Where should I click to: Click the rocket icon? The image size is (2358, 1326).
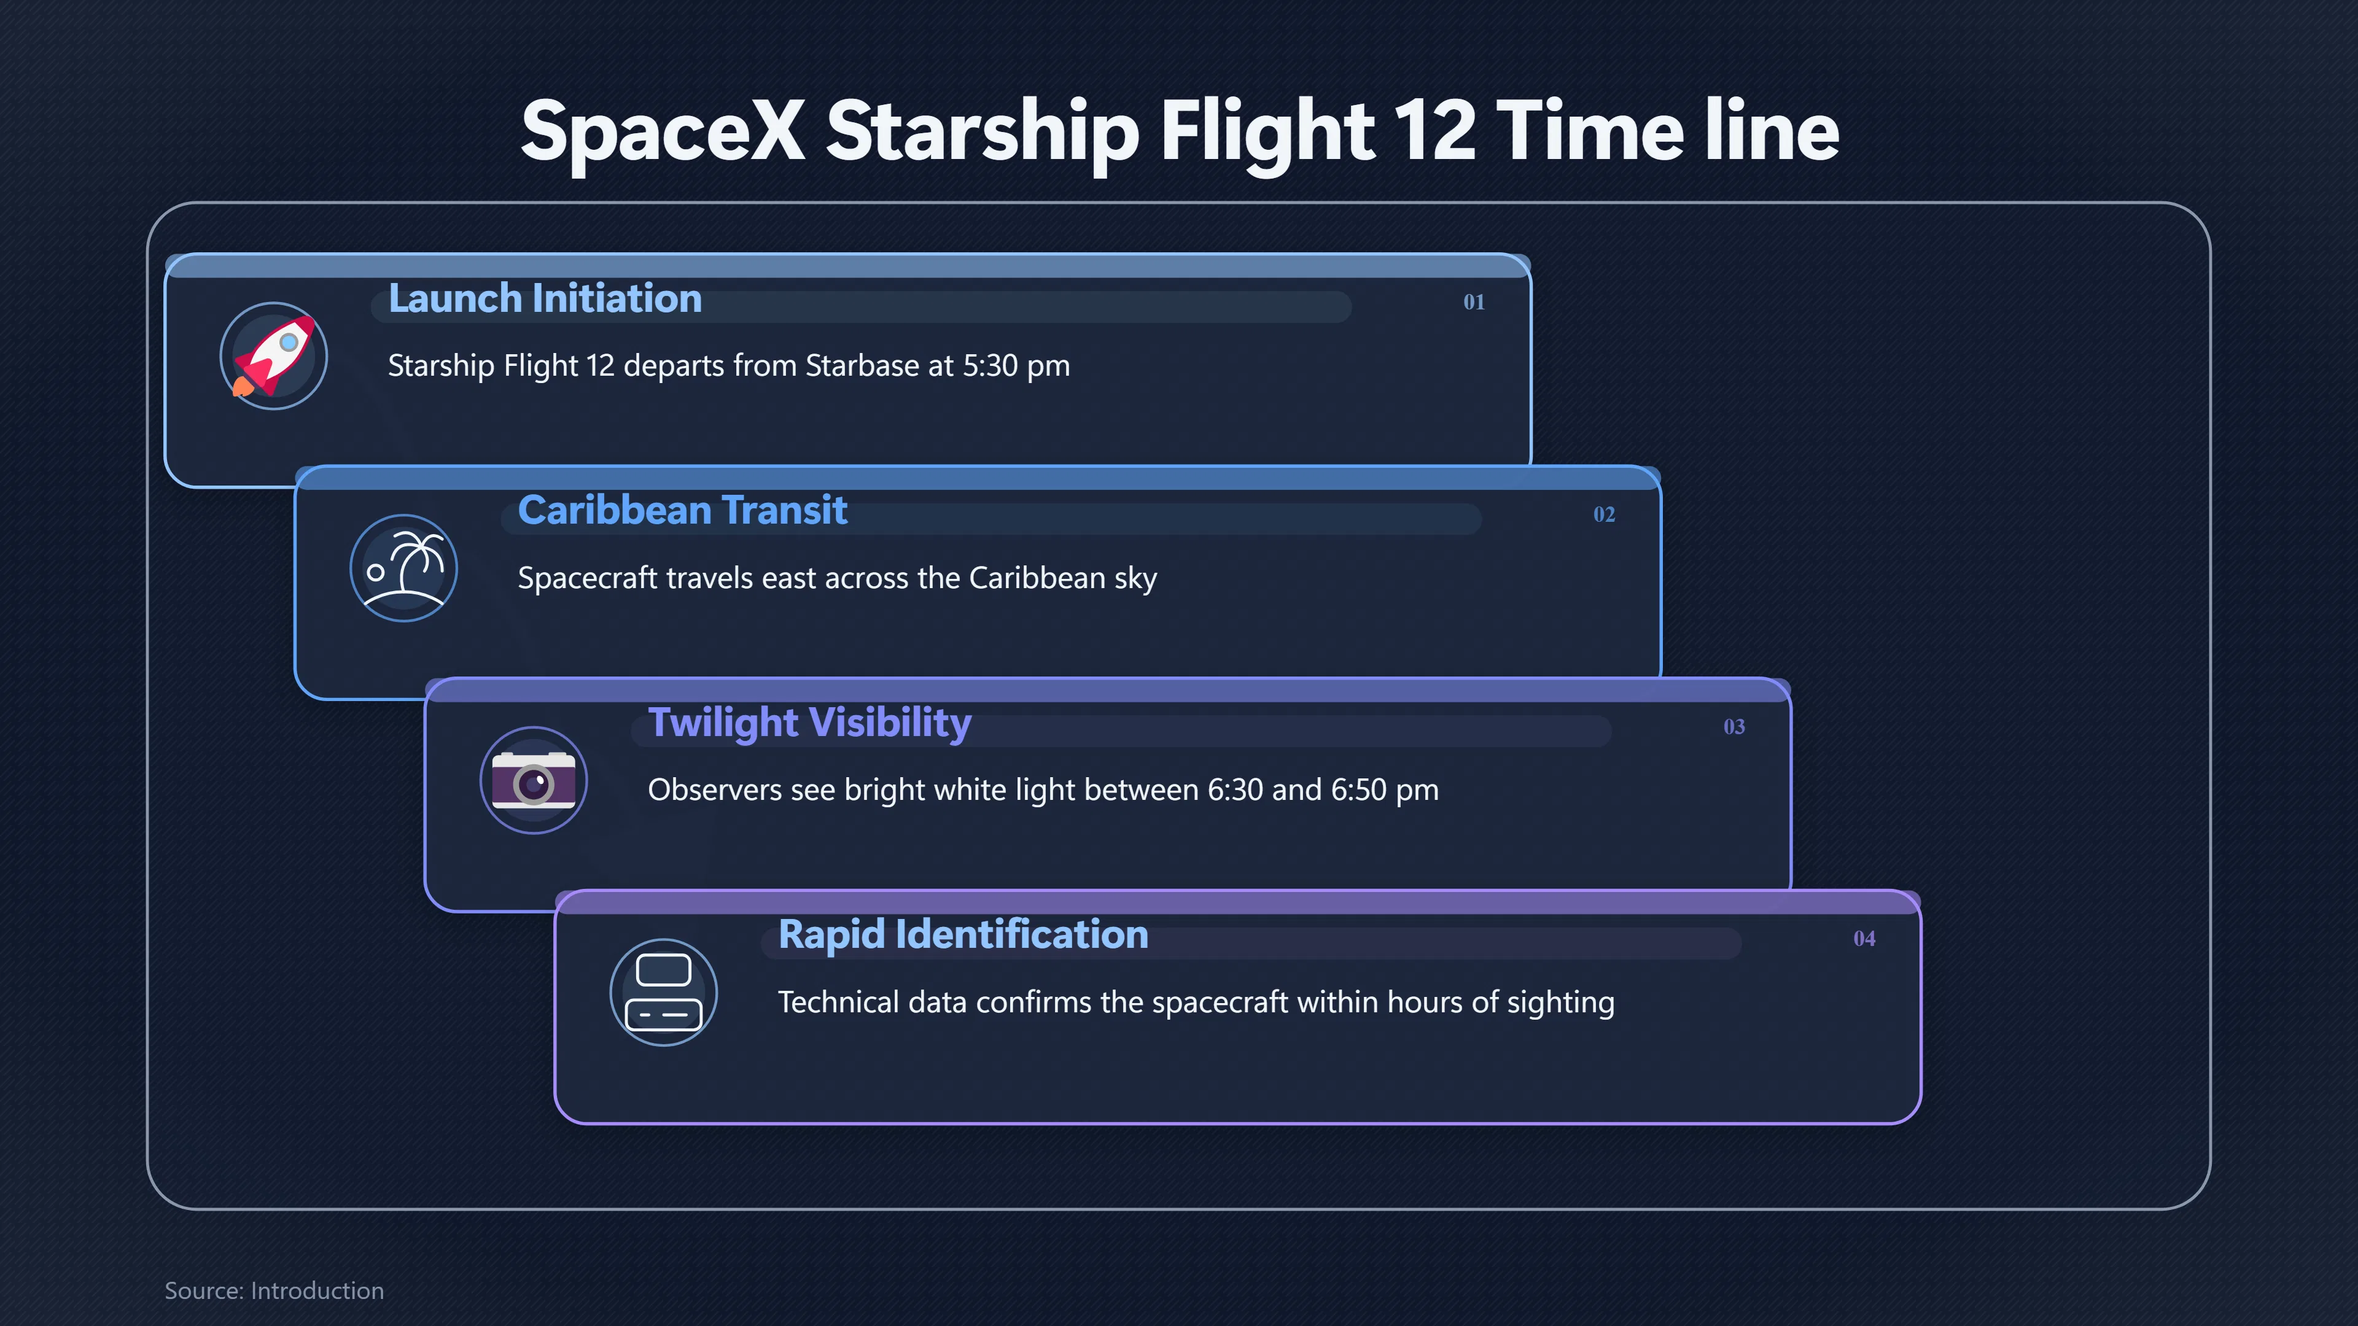click(274, 356)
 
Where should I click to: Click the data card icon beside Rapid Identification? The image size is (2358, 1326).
click(664, 993)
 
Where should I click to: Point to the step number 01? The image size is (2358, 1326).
click(1474, 302)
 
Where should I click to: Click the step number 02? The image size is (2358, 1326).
click(1604, 514)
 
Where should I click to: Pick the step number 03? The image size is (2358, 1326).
click(1733, 727)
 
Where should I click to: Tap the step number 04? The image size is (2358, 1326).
click(1864, 939)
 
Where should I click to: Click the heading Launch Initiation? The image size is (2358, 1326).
click(545, 298)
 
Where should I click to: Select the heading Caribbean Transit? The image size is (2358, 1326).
click(683, 511)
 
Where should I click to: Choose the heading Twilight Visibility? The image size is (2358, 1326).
click(810, 723)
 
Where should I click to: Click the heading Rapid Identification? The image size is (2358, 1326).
click(963, 934)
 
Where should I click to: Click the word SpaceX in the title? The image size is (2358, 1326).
click(663, 131)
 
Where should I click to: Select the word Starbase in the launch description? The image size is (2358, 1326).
click(862, 365)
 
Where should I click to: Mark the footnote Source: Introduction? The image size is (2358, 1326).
click(274, 1290)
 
